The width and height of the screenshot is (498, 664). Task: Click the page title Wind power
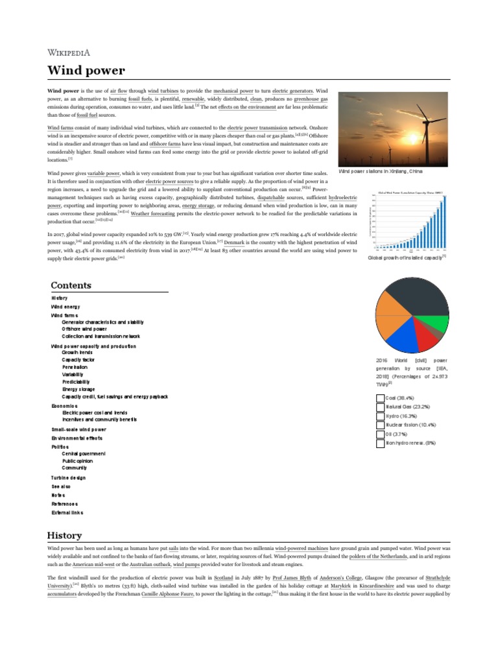pos(86,70)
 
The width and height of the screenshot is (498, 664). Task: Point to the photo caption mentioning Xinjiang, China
pos(381,171)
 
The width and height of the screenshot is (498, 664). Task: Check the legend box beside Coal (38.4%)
pos(380,397)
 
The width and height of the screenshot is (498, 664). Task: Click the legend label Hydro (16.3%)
pos(401,416)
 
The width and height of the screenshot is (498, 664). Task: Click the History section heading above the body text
pos(65,535)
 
